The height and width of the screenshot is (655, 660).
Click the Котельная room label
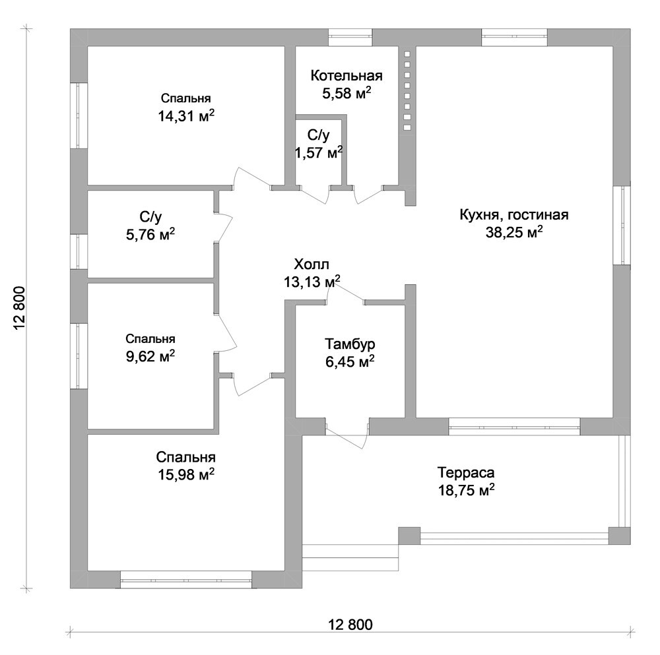pyautogui.click(x=346, y=76)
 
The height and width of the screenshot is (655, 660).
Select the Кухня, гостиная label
pyautogui.click(x=514, y=215)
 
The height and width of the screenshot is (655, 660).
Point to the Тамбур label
pyautogui.click(x=350, y=344)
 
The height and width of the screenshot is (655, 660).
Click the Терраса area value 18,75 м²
pyautogui.click(x=467, y=490)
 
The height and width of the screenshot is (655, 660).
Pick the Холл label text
pyautogui.click(x=312, y=265)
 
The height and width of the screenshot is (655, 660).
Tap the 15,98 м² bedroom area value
pyautogui.click(x=186, y=474)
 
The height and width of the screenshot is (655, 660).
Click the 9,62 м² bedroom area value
pyautogui.click(x=150, y=357)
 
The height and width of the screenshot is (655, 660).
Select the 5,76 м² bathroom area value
pyautogui.click(x=150, y=235)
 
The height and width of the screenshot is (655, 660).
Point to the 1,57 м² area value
pyautogui.click(x=319, y=153)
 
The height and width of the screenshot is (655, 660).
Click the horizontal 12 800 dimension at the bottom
pyautogui.click(x=350, y=625)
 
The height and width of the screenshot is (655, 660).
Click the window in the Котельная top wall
pyautogui.click(x=350, y=37)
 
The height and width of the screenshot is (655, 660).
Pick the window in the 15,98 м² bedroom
pyautogui.click(x=186, y=579)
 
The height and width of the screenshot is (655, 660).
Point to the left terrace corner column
pyautogui.click(x=409, y=536)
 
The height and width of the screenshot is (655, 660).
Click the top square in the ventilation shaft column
pyautogui.click(x=407, y=54)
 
